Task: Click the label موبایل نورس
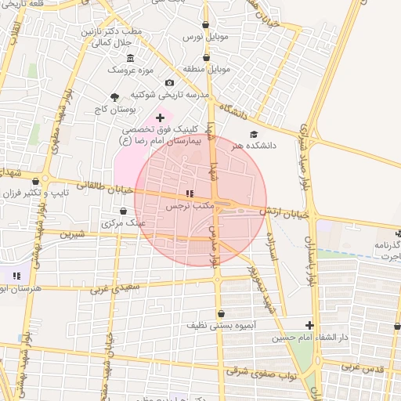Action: click(206, 37)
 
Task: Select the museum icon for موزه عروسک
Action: click(130, 59)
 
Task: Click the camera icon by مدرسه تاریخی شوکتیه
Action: click(170, 83)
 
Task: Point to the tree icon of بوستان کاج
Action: click(116, 97)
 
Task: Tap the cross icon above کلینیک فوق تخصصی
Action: click(161, 117)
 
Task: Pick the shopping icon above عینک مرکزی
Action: click(124, 211)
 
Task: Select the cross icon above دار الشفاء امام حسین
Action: click(309, 325)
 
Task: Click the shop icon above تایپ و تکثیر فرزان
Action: click(36, 181)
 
